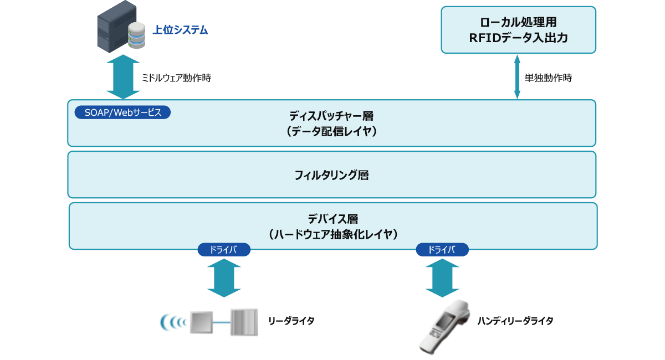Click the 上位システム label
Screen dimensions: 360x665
(180, 30)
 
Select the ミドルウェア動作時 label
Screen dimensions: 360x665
(176, 78)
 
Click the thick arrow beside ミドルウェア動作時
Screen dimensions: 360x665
(124, 77)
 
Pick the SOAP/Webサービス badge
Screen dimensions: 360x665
(122, 112)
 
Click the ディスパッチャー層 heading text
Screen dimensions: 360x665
(331, 116)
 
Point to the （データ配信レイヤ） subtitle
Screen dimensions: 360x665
(331, 131)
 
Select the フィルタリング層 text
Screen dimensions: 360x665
(331, 175)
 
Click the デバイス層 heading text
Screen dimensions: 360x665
(332, 219)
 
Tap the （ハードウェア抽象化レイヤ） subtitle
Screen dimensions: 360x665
(332, 234)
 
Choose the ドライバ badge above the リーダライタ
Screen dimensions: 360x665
(224, 250)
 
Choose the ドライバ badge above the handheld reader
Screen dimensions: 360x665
(442, 250)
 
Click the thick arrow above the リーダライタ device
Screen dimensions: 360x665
(224, 278)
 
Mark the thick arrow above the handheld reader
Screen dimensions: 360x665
(442, 278)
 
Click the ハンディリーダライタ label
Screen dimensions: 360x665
(515, 321)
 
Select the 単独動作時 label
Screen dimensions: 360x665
(548, 78)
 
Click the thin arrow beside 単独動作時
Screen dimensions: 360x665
(517, 76)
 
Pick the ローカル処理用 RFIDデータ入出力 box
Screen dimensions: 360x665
(518, 30)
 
